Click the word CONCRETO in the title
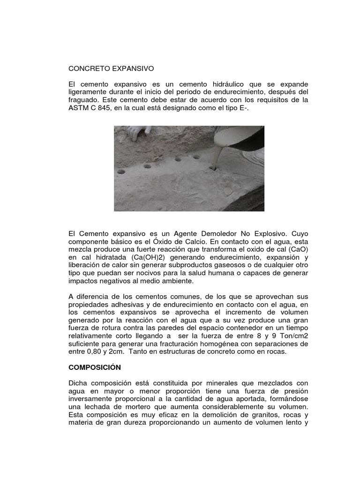pyautogui.click(x=88, y=68)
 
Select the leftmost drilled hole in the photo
pyautogui.click(x=123, y=172)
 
